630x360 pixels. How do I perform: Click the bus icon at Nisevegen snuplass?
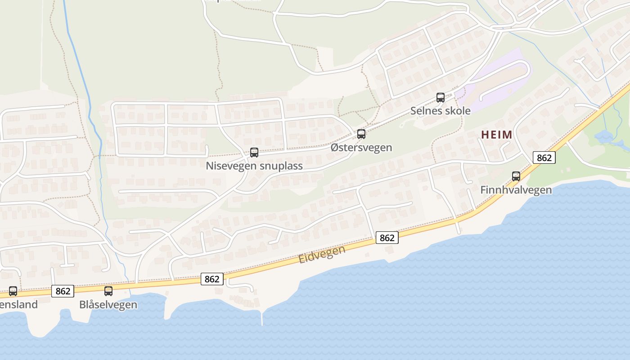(x=254, y=153)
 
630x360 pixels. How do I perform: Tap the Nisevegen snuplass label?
(x=254, y=166)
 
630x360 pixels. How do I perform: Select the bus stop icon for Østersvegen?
(x=361, y=134)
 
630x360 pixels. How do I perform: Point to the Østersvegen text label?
(x=361, y=148)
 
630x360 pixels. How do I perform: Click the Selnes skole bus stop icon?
(x=440, y=97)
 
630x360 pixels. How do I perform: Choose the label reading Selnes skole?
(x=440, y=111)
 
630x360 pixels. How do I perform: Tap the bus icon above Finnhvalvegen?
(x=516, y=176)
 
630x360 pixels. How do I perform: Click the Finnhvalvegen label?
(x=516, y=190)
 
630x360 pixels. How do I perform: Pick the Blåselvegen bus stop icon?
(x=108, y=291)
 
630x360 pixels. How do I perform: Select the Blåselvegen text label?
(x=108, y=305)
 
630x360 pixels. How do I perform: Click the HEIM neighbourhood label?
(x=497, y=135)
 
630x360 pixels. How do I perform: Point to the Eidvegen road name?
(x=322, y=255)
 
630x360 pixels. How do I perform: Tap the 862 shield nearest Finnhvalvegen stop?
(x=544, y=158)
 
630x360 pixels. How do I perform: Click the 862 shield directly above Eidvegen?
(x=387, y=238)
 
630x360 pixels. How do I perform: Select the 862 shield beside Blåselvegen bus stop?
(x=63, y=291)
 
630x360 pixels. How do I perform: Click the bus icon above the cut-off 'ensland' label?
(x=13, y=291)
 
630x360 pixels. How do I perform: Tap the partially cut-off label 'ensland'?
(x=19, y=305)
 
